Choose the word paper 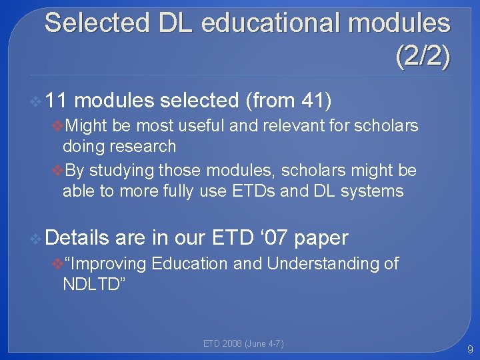point(321,237)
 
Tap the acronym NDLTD point(91,285)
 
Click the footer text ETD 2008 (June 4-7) point(243,344)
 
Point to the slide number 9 point(470,349)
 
